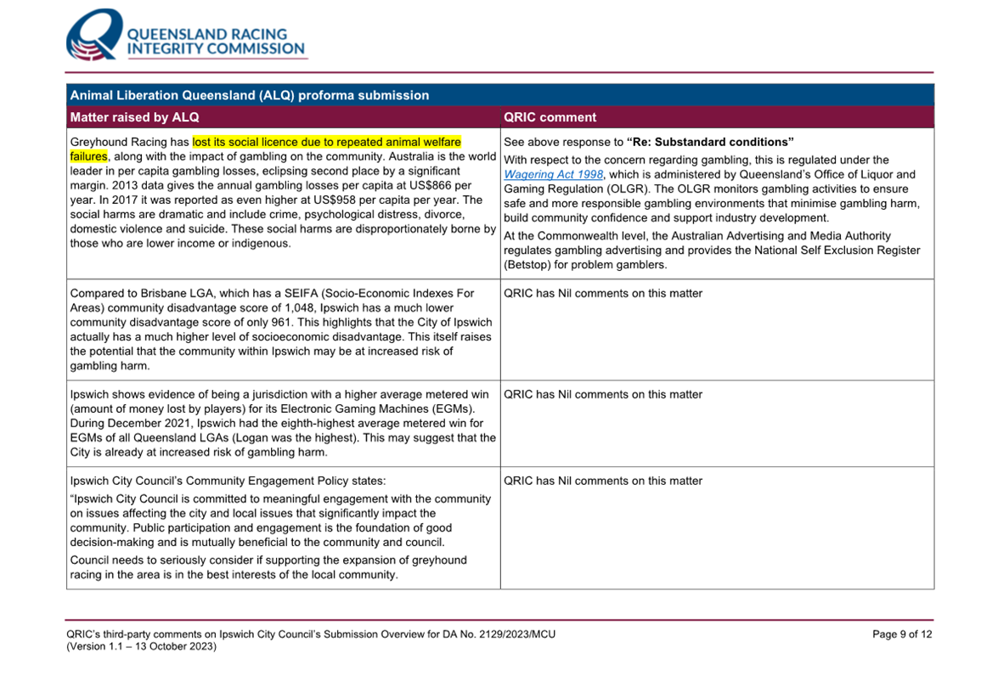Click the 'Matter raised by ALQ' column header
coord(135,117)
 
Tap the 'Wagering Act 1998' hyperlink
coord(554,174)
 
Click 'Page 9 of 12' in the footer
coord(902,634)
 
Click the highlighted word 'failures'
coord(88,156)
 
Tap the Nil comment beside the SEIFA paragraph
coord(603,294)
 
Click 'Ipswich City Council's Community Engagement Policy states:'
coord(228,481)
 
